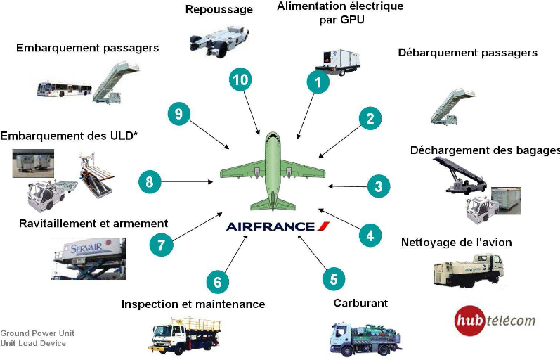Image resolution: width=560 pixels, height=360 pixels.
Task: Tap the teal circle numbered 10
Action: click(240, 79)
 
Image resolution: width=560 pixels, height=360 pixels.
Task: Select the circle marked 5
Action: click(334, 278)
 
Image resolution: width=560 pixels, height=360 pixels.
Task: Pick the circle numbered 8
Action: click(150, 181)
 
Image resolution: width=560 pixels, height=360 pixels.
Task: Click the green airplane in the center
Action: click(273, 171)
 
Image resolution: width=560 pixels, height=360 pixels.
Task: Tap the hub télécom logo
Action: click(495, 319)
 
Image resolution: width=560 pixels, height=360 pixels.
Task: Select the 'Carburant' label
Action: click(360, 303)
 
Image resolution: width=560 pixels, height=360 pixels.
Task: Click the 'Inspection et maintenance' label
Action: click(193, 304)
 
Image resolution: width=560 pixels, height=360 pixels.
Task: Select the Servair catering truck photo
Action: click(89, 258)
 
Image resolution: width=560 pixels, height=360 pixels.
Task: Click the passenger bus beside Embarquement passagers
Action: click(64, 89)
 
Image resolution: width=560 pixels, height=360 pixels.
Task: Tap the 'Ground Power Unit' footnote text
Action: click(37, 333)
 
